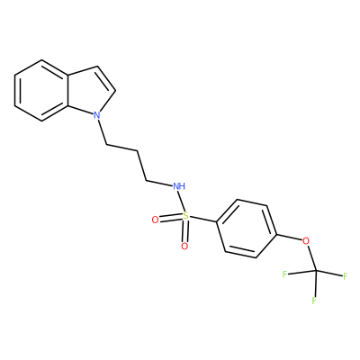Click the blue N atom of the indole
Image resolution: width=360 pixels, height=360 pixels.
pyautogui.click(x=96, y=115)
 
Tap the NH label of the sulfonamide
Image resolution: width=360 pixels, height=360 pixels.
pyautogui.click(x=179, y=186)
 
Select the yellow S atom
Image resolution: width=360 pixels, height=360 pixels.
pyautogui.click(x=186, y=215)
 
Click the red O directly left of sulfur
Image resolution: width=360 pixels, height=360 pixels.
pyautogui.click(x=155, y=220)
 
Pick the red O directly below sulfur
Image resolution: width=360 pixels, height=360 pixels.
pyautogui.click(x=184, y=247)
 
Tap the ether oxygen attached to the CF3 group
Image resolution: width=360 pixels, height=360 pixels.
pyautogui.click(x=306, y=240)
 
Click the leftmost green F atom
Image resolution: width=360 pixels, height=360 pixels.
pyautogui.click(x=284, y=274)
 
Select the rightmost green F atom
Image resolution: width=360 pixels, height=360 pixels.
pyautogui.click(x=345, y=276)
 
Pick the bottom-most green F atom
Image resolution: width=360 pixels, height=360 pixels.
pyautogui.click(x=314, y=301)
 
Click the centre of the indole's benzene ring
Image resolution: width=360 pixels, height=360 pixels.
pyautogui.click(x=41, y=90)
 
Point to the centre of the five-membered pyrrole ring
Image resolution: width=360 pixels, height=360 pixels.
pyautogui.click(x=89, y=89)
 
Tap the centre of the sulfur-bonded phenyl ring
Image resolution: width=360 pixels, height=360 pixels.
pyautogui.click(x=247, y=229)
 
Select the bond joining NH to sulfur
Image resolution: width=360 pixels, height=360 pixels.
pyautogui.click(x=182, y=201)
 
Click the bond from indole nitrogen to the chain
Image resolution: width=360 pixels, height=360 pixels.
pyautogui.click(x=102, y=132)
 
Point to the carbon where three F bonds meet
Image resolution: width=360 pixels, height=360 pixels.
pyautogui.click(x=316, y=271)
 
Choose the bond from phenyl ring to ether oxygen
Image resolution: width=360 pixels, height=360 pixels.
pyautogui.click(x=289, y=237)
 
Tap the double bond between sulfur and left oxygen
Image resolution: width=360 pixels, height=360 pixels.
pyautogui.click(x=171, y=218)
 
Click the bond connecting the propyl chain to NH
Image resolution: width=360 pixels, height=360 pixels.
pyautogui.click(x=159, y=183)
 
